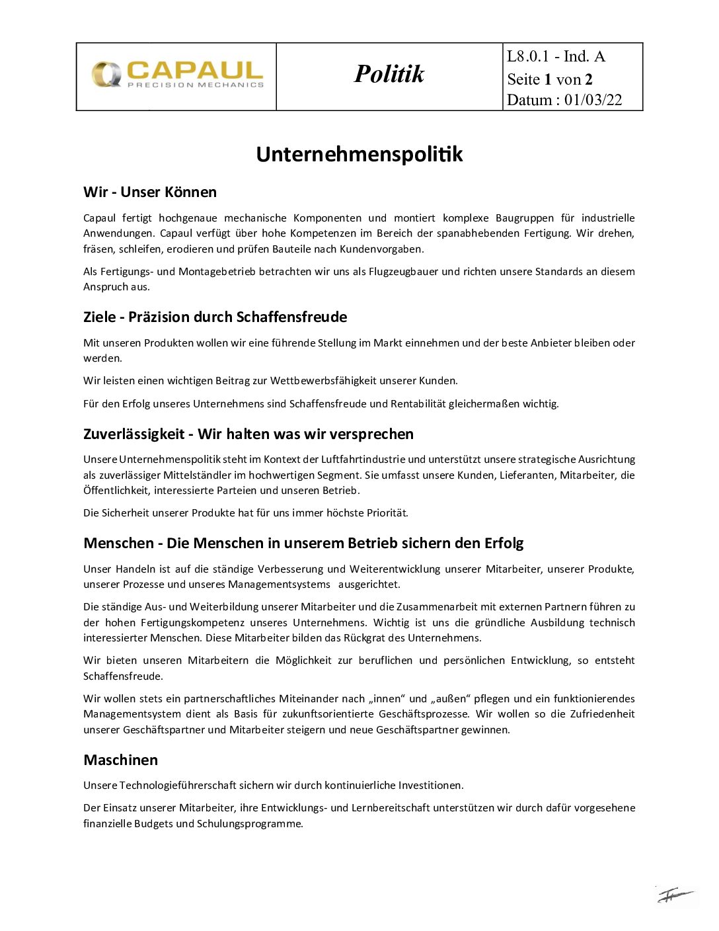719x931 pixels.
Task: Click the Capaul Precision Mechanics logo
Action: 177,75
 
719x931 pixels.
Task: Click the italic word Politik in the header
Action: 389,74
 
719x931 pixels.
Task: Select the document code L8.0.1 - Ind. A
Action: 556,57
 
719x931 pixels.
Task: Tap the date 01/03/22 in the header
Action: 593,100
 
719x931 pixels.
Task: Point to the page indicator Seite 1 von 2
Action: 550,79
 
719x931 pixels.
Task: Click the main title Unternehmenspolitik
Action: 359,154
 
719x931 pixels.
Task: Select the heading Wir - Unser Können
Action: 150,192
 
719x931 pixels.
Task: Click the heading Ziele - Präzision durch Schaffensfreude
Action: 215,317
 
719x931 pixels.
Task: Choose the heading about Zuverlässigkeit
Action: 248,434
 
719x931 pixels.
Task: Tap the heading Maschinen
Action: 120,760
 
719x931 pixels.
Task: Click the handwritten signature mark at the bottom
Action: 675,896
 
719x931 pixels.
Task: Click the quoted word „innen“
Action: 386,699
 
